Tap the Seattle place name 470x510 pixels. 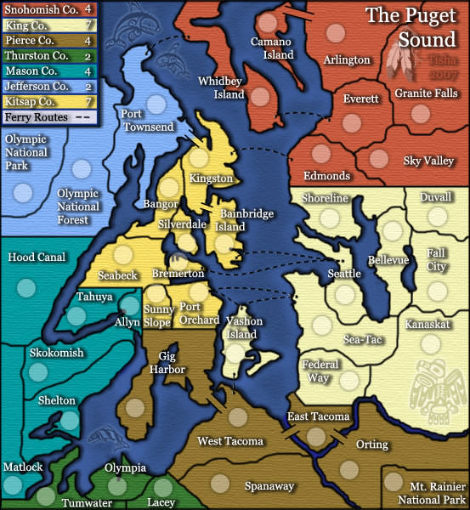tap(344, 273)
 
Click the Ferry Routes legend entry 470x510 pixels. tap(42, 117)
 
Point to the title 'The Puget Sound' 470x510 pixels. tap(413, 28)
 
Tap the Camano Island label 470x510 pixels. tap(272, 48)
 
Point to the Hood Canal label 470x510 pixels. tap(37, 257)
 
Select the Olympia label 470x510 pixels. tap(125, 467)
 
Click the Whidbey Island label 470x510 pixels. tap(220, 87)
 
